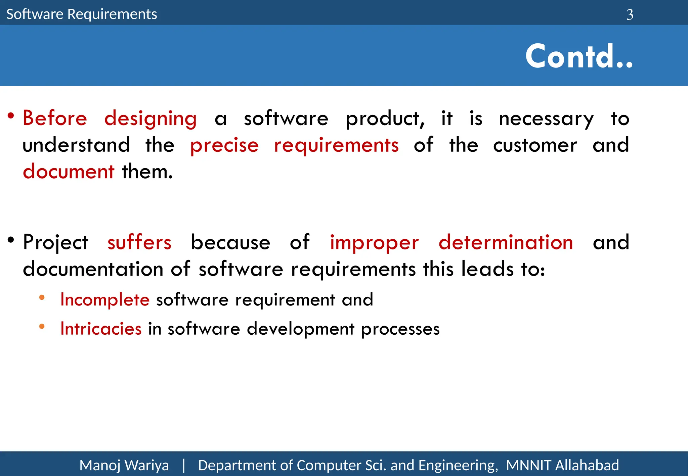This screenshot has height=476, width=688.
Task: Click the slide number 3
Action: click(x=630, y=15)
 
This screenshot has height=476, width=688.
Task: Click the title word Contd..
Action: click(x=579, y=56)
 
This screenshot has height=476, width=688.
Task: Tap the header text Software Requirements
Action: click(x=82, y=14)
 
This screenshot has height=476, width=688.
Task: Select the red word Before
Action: click(x=55, y=118)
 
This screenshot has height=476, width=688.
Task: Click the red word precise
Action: click(x=224, y=146)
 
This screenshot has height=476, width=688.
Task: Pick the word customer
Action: click(x=535, y=145)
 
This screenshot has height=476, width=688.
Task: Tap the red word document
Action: click(x=69, y=172)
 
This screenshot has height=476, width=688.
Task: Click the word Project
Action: click(x=56, y=243)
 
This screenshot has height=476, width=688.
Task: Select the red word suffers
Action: click(x=139, y=242)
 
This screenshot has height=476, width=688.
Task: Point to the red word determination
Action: click(x=506, y=242)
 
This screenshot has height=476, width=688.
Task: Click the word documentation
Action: click(x=93, y=269)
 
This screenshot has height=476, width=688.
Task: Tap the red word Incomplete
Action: click(x=105, y=299)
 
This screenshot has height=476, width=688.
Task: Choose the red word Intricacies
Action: click(x=101, y=329)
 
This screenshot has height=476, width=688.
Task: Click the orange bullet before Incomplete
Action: click(x=42, y=297)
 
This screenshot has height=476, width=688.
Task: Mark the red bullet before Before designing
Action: click(x=11, y=116)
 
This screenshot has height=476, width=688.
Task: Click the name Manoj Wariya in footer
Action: click(x=124, y=466)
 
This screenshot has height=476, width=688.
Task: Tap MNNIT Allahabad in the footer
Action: click(x=562, y=466)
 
